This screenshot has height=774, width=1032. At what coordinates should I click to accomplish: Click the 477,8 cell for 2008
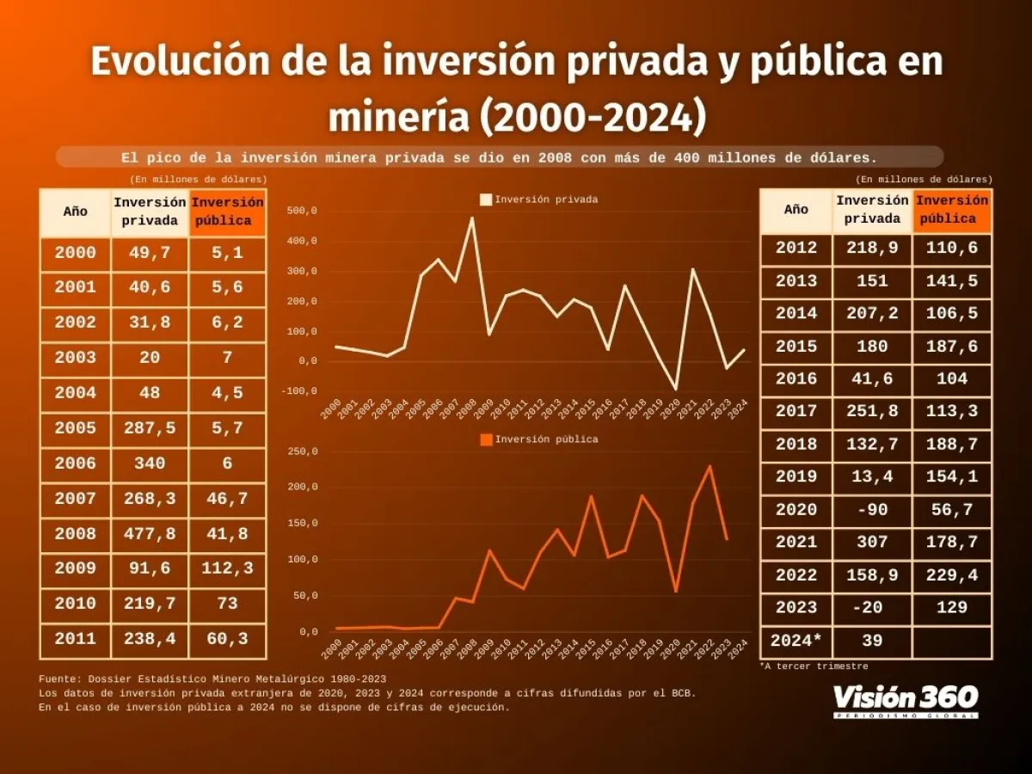[x=150, y=534]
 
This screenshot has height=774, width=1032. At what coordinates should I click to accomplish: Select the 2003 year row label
[x=75, y=358]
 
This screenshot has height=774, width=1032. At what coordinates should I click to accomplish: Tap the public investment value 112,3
[x=227, y=569]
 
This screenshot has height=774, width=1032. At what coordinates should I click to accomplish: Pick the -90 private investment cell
[x=871, y=510]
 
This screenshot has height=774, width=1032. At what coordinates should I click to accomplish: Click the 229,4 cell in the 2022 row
[x=952, y=575]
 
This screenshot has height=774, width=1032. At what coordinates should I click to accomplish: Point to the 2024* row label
[x=796, y=641]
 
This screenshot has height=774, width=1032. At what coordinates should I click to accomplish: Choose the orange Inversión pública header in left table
[x=227, y=212]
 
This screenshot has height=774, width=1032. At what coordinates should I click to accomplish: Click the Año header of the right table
[x=796, y=209]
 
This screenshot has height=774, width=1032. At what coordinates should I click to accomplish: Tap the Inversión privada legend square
[x=486, y=200]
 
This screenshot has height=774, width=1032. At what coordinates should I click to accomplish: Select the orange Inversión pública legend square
[x=486, y=439]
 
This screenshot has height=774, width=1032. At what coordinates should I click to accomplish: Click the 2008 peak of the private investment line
[x=471, y=218]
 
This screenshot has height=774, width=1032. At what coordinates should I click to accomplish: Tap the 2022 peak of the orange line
[x=709, y=466]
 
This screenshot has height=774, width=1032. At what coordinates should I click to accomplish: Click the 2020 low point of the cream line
[x=676, y=389]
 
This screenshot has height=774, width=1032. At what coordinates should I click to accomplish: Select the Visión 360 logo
[x=905, y=699]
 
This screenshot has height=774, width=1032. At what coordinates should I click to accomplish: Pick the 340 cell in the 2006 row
[x=150, y=464]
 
